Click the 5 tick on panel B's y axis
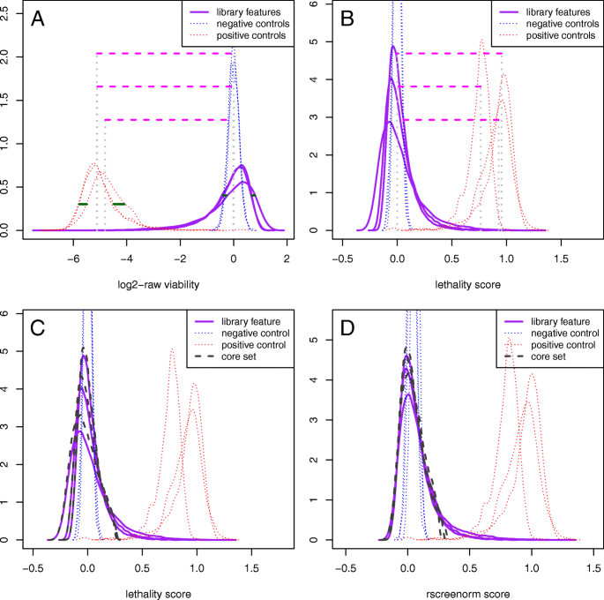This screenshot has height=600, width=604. tap(315, 41)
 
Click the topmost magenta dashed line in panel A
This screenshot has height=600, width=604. tap(162, 54)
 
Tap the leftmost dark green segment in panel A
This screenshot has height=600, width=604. tap(82, 204)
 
